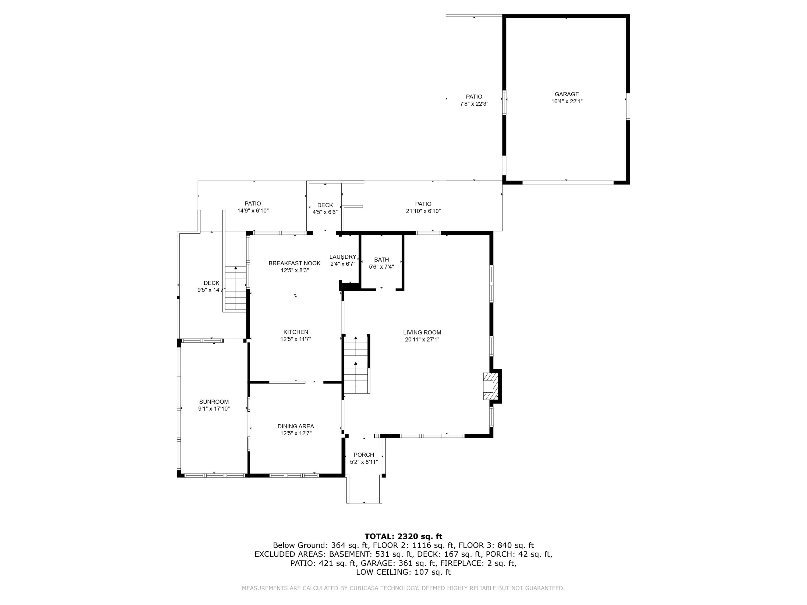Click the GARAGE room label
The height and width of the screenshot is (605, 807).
(567, 94)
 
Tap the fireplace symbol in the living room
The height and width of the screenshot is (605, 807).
(490, 386)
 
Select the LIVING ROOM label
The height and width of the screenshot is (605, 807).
(422, 332)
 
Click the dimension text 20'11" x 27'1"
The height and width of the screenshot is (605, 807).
(422, 340)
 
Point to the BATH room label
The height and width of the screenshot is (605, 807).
(381, 260)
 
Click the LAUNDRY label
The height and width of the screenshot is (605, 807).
(343, 257)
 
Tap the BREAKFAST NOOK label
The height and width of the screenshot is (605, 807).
(294, 263)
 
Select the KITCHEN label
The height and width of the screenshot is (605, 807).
(296, 332)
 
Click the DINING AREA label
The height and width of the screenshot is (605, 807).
(296, 426)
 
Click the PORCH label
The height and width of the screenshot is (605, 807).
(364, 455)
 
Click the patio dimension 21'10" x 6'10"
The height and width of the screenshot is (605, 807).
(423, 211)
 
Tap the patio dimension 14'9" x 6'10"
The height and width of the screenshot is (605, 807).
(253, 211)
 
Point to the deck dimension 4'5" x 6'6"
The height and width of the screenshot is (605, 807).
(325, 212)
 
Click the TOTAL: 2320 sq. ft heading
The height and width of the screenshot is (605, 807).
(403, 536)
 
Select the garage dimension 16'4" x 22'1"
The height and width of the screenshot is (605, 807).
(567, 101)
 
